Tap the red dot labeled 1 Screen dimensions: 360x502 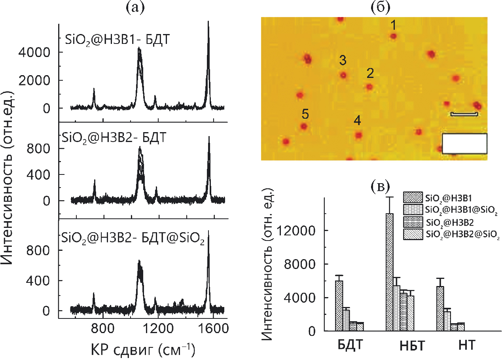point(393,36)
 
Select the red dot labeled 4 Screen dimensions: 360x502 point(358,135)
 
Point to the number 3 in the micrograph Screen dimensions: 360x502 point(343,61)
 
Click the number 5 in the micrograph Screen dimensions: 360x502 point(305,114)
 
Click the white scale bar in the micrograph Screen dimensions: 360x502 point(464,114)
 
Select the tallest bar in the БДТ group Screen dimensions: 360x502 point(339,305)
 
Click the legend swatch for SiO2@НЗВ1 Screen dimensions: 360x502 point(413,197)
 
